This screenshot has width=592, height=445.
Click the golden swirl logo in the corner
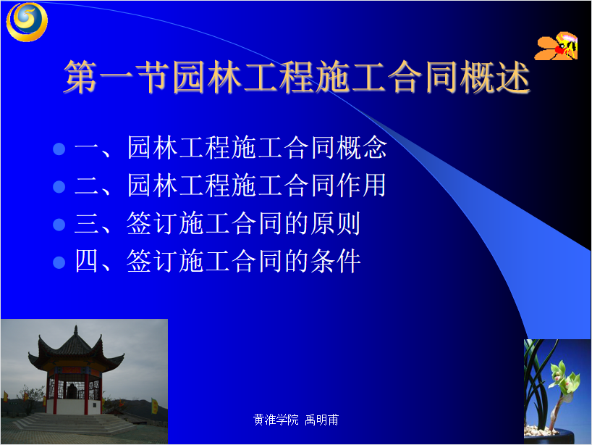(27, 22)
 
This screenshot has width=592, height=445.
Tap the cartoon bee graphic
(556, 46)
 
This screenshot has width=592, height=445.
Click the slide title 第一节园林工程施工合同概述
(297, 77)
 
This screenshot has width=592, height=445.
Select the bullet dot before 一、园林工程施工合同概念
(59, 149)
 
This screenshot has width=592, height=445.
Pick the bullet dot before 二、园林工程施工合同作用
(59, 186)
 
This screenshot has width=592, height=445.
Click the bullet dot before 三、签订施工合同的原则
(59, 225)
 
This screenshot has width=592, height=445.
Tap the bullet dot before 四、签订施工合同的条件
(59, 262)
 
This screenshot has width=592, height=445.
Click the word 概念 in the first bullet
(362, 147)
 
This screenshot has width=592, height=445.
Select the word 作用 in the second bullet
(362, 185)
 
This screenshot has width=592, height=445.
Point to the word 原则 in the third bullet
(335, 223)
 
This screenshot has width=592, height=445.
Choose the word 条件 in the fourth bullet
(335, 261)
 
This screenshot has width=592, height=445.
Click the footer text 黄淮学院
(276, 420)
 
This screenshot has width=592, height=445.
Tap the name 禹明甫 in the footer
(321, 420)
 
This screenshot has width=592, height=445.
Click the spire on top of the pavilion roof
(75, 329)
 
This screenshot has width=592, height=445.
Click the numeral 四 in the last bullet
(86, 260)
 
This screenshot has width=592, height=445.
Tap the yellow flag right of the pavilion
(154, 406)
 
